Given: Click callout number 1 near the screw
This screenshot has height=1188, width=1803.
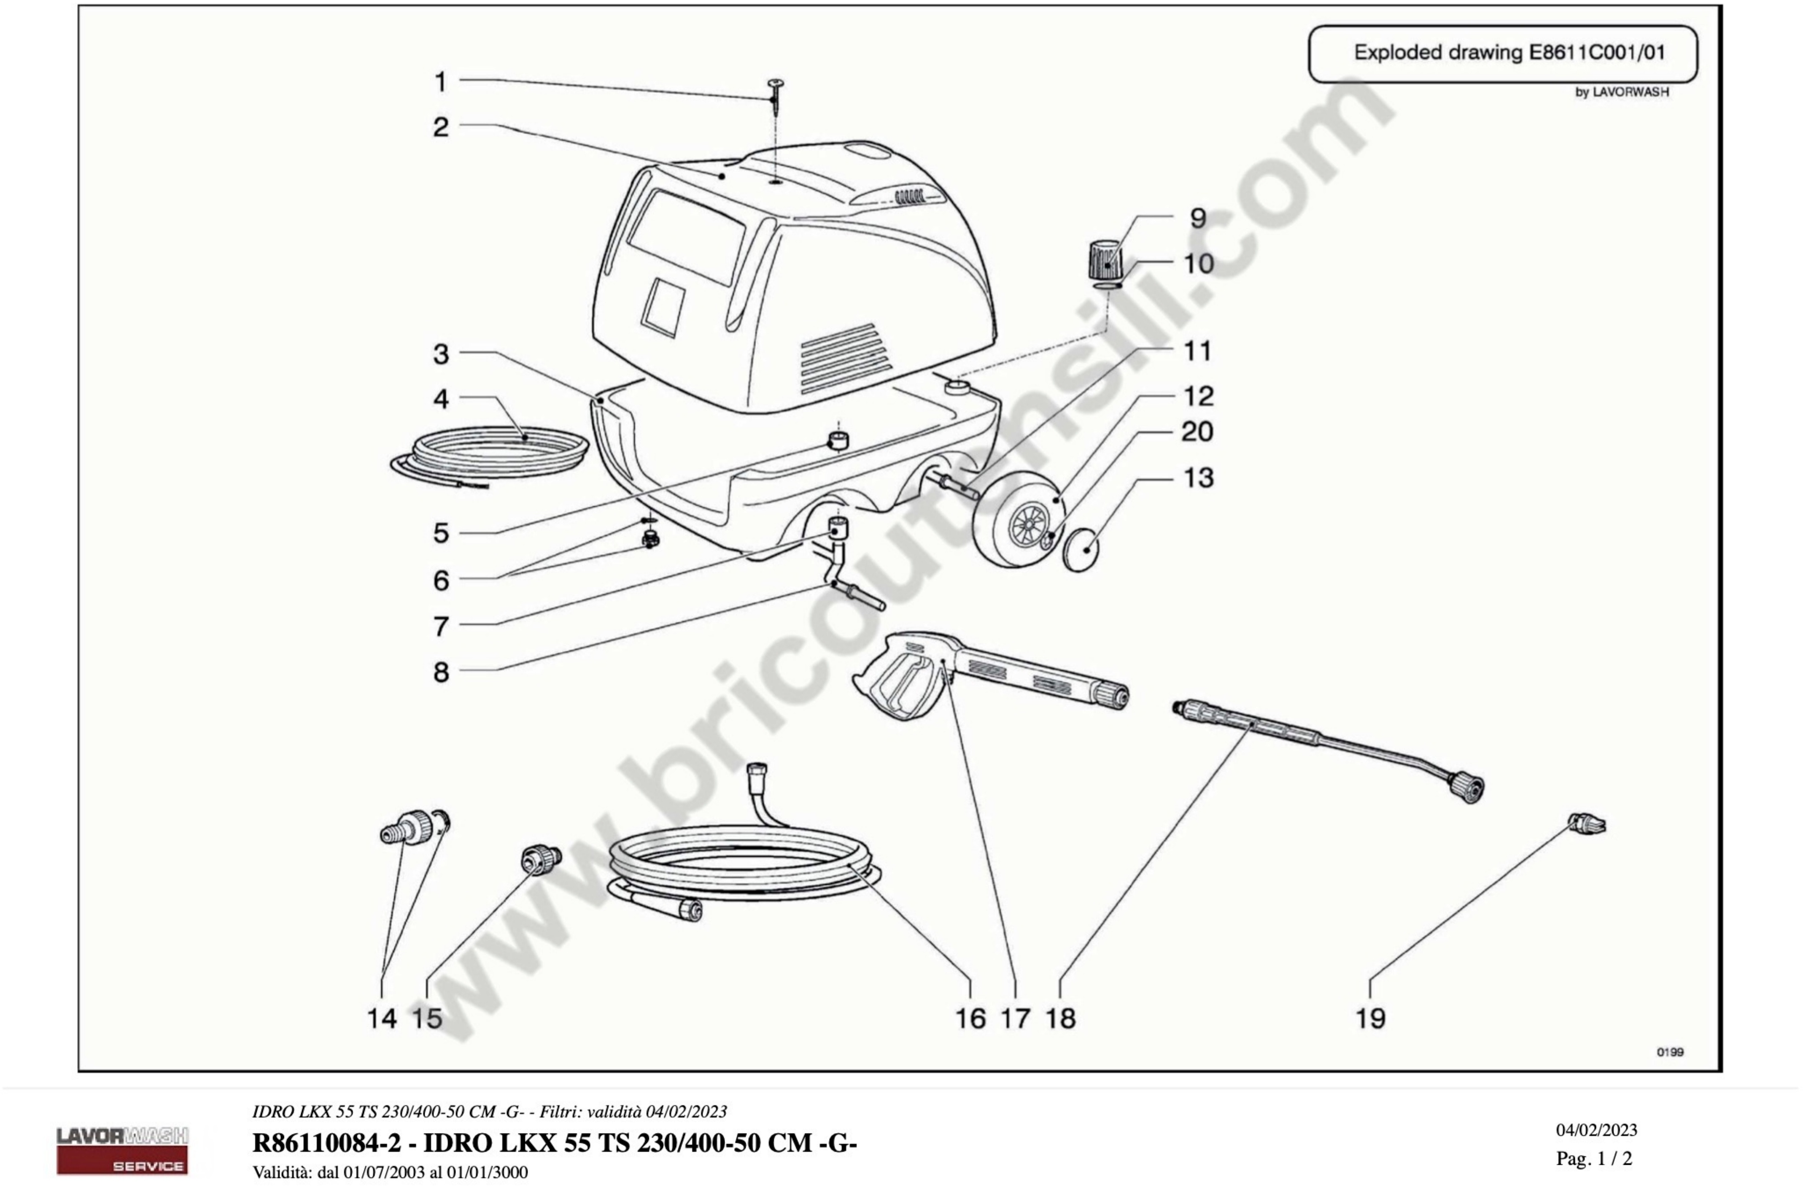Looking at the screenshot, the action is tap(440, 82).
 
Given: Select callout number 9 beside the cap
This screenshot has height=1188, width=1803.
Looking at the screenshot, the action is tap(1198, 218).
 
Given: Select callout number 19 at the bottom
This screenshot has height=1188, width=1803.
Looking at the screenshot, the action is tap(1370, 1018).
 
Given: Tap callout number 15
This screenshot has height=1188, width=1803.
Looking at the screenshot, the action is tap(426, 1018).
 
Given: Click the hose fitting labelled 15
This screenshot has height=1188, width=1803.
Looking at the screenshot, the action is tap(541, 859).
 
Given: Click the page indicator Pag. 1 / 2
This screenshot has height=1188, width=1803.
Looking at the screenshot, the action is tap(1594, 1158).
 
